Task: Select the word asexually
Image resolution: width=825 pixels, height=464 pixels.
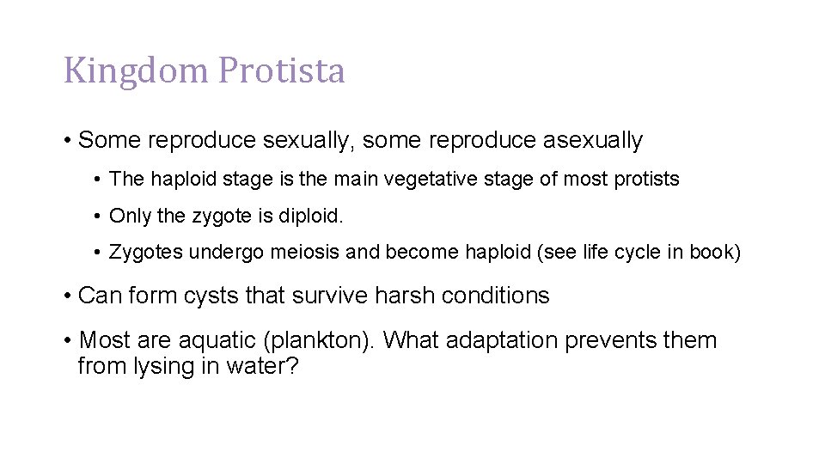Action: pos(593,140)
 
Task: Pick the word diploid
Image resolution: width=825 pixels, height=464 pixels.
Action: pos(310,217)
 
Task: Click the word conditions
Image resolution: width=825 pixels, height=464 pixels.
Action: pos(496,296)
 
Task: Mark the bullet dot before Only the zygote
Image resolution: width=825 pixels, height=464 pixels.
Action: pos(100,217)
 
